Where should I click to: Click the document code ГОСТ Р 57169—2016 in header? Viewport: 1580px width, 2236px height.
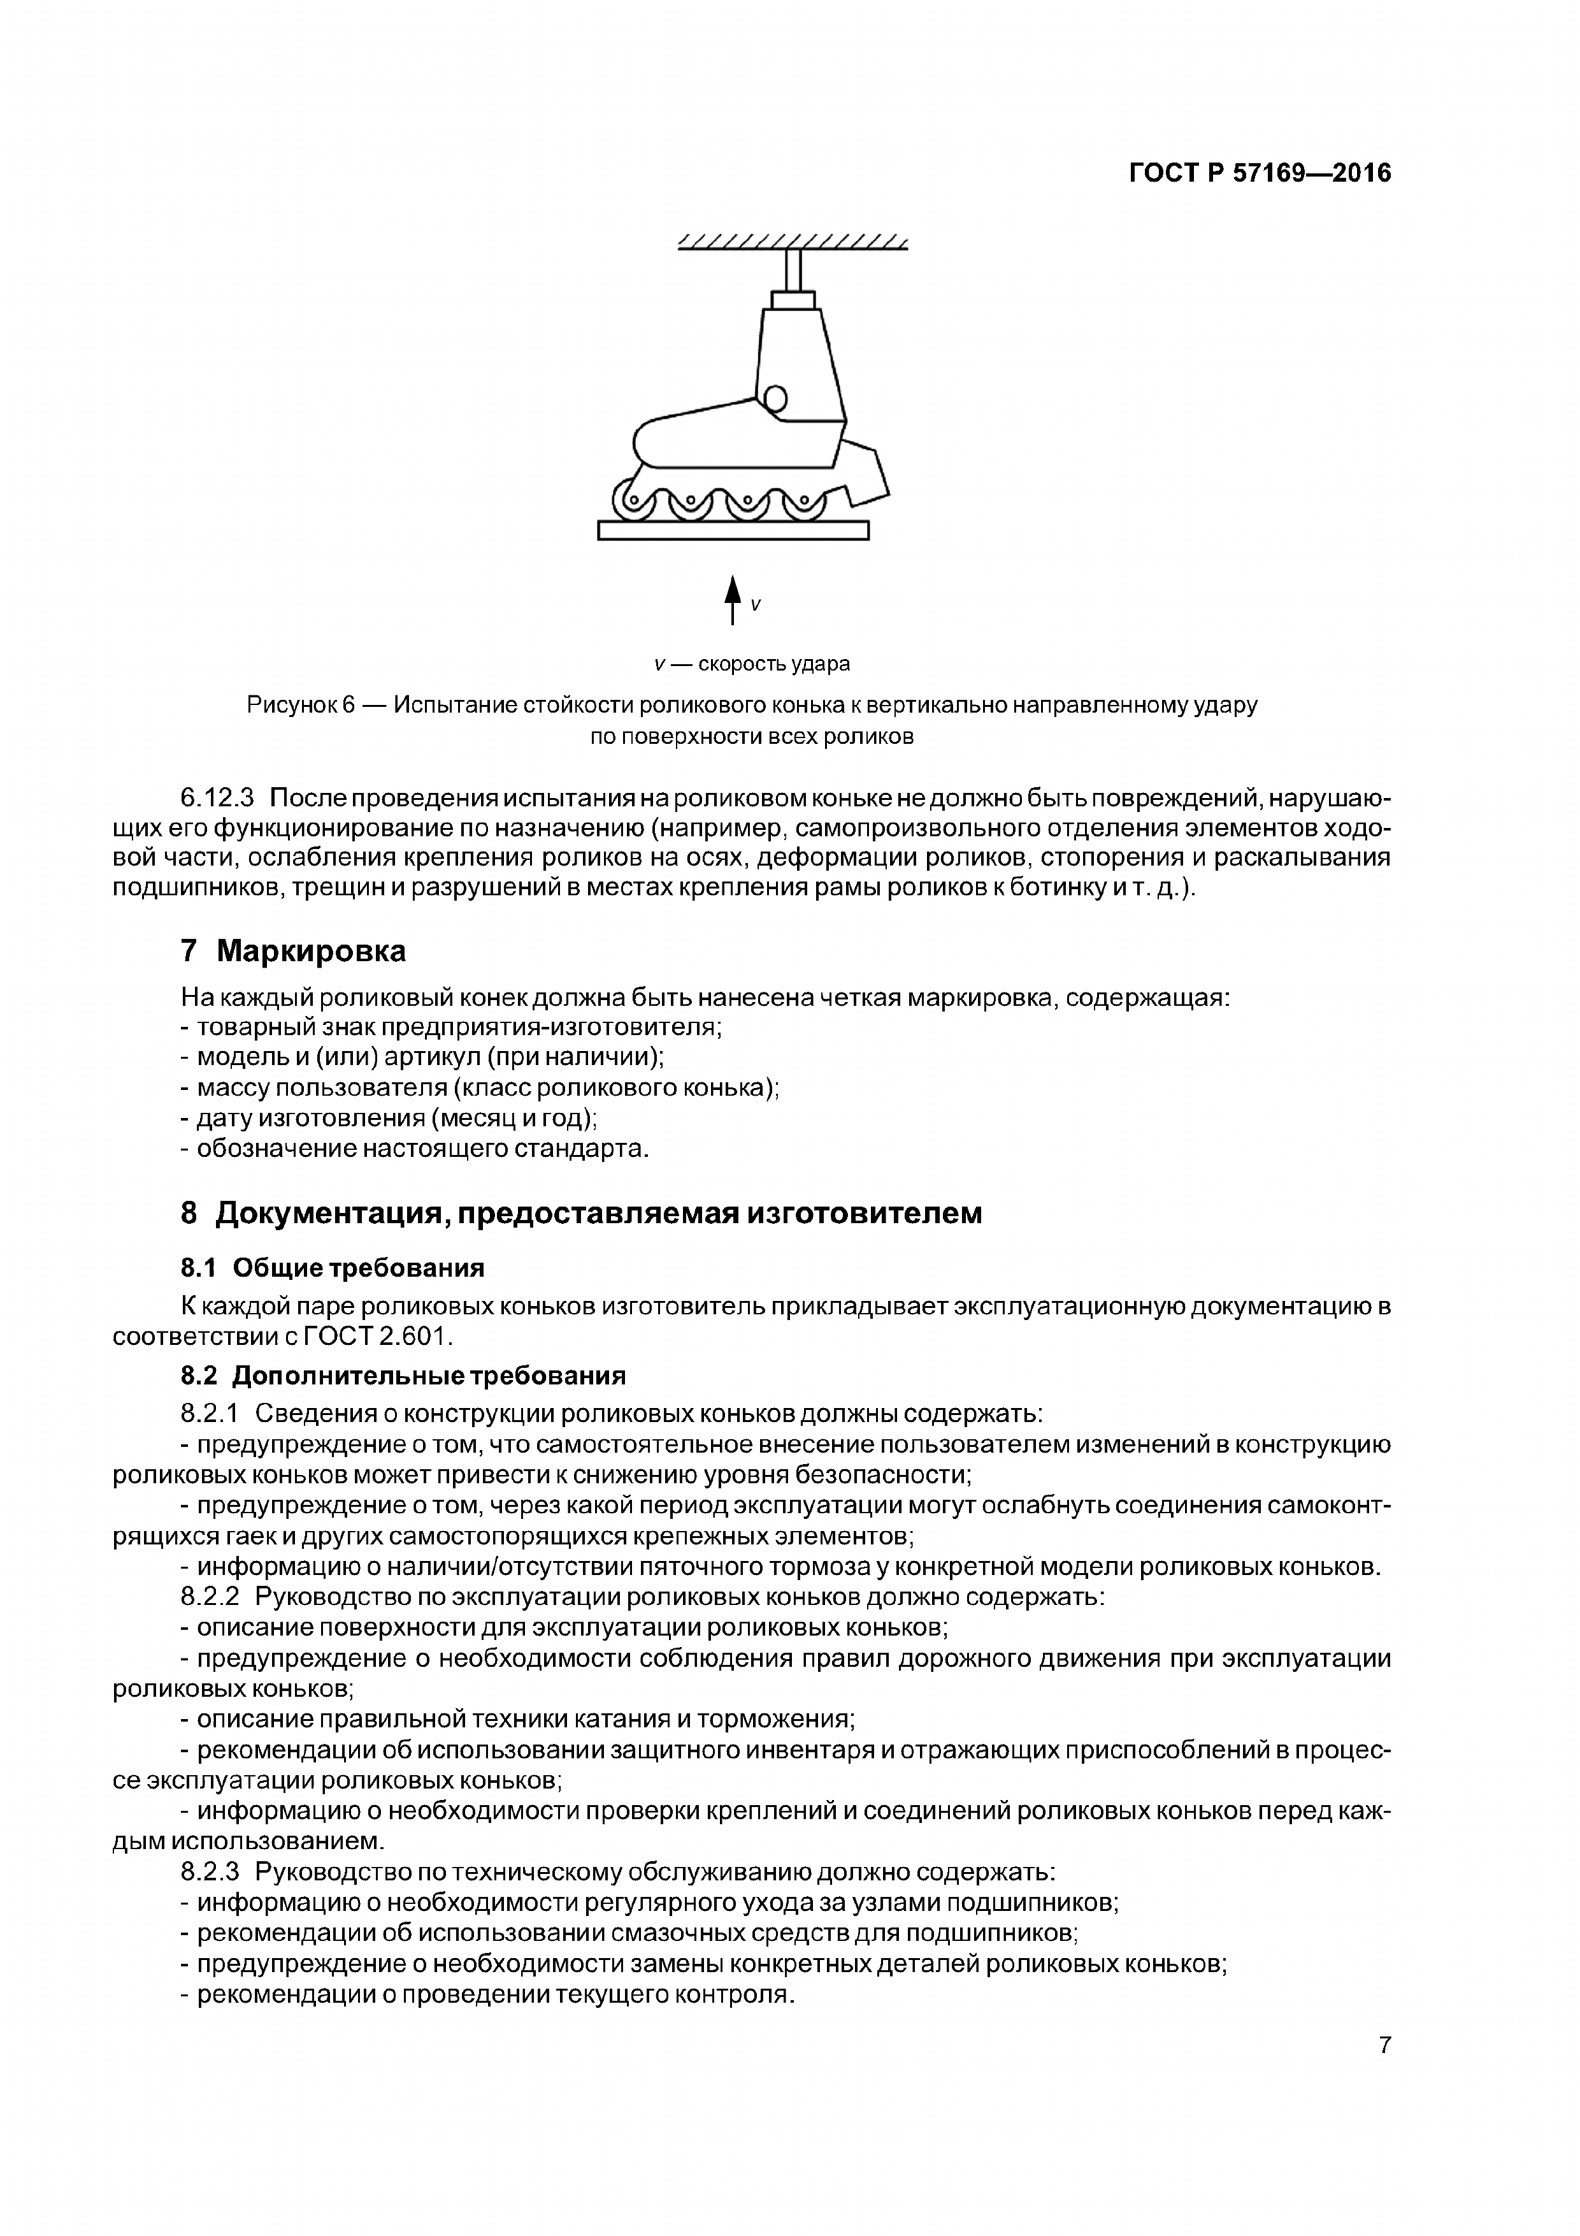point(1260,173)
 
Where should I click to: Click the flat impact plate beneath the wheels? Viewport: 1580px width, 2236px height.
point(733,530)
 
